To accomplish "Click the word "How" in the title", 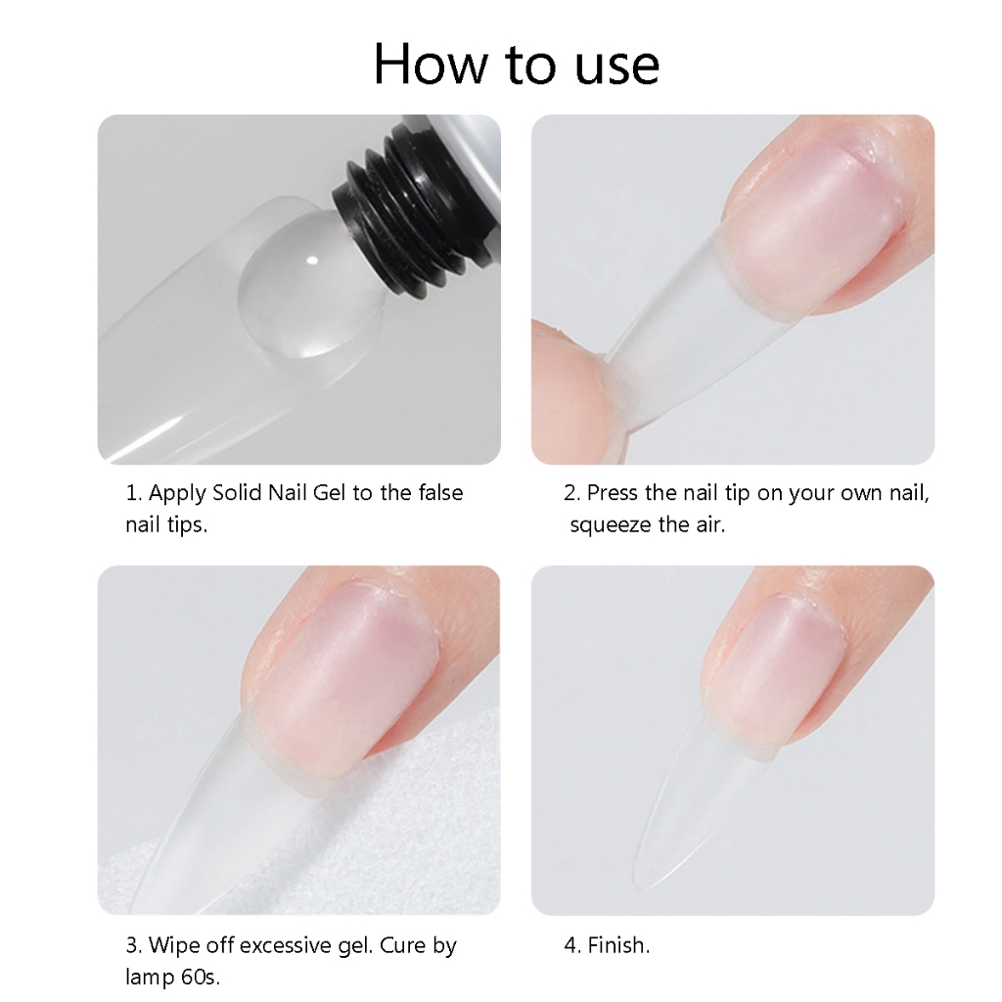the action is click(x=431, y=64).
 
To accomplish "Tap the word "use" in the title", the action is click(x=616, y=68).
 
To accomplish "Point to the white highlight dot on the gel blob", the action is click(x=312, y=260).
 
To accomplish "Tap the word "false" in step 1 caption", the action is click(x=440, y=493).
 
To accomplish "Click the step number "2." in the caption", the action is click(x=571, y=493).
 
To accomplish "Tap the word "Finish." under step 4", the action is click(x=618, y=945).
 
